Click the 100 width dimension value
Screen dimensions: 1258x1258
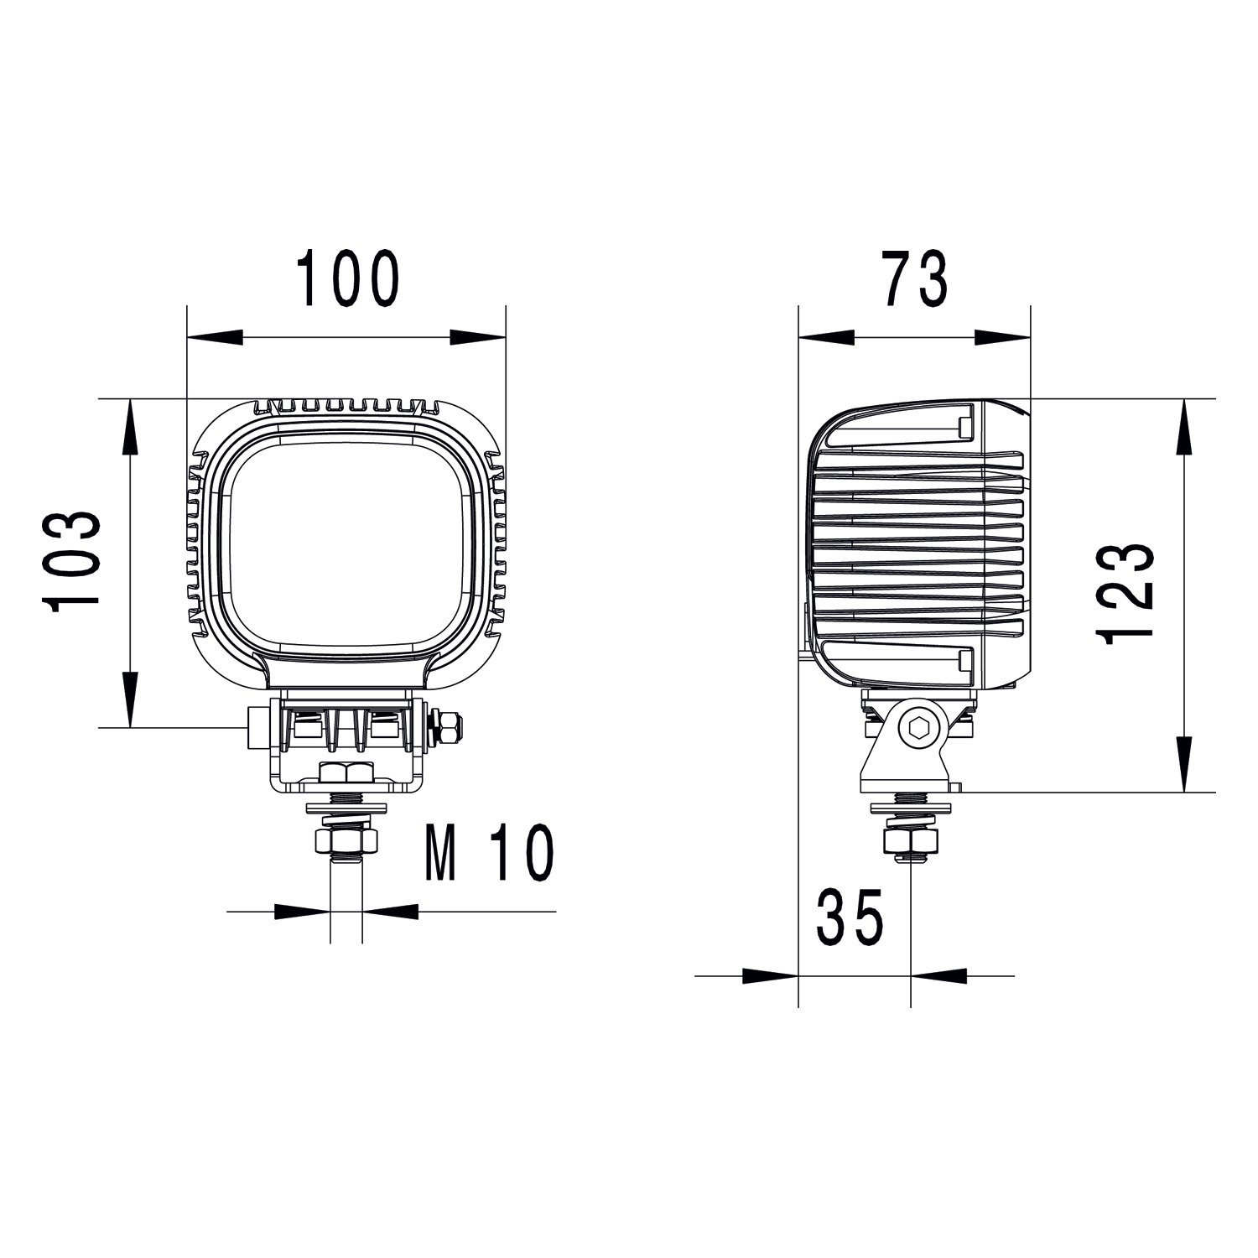[x=348, y=278]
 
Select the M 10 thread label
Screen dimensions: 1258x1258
[x=490, y=853]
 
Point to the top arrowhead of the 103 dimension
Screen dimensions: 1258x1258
[x=130, y=428]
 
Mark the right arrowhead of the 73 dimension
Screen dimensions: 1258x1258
[x=1001, y=337]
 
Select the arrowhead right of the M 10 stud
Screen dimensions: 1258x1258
[x=390, y=911]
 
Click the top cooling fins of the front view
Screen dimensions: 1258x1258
[x=346, y=407]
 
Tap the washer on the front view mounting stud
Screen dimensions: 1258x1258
[x=346, y=808]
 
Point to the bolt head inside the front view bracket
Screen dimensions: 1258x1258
[x=346, y=772]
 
